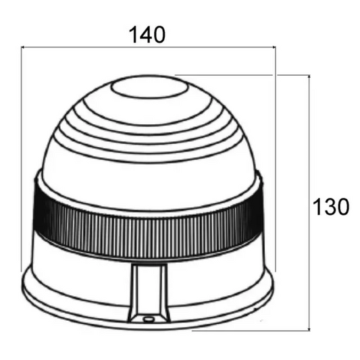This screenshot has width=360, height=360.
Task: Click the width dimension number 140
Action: tap(147, 34)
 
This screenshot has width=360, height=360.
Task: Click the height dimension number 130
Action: tap(331, 207)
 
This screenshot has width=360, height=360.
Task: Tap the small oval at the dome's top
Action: tap(149, 88)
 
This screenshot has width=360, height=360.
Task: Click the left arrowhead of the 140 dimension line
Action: tap(22, 47)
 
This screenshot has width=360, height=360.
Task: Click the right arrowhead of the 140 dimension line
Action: tap(274, 47)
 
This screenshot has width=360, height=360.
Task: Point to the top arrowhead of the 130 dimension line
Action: tap(309, 77)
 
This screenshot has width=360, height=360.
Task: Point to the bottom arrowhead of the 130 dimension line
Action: tap(309, 329)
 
